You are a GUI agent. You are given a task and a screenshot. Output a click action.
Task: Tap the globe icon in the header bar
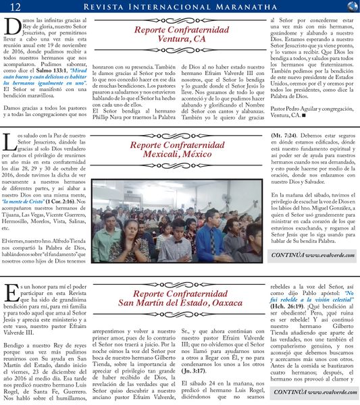point(351,7)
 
